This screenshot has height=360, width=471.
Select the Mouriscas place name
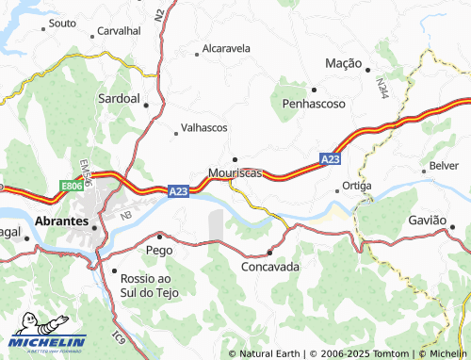(235, 173)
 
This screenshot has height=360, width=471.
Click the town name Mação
(343, 63)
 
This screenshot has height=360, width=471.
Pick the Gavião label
(427, 220)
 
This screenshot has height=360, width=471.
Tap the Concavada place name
(270, 267)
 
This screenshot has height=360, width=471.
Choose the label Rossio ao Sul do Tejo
(154, 286)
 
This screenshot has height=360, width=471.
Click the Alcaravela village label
(227, 47)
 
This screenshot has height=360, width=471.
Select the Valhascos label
(203, 127)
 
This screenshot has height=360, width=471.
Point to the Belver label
(444, 165)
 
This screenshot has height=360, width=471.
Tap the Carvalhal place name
(119, 30)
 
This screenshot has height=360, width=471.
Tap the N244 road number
(380, 90)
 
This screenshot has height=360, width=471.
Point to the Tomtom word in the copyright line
(375, 353)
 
